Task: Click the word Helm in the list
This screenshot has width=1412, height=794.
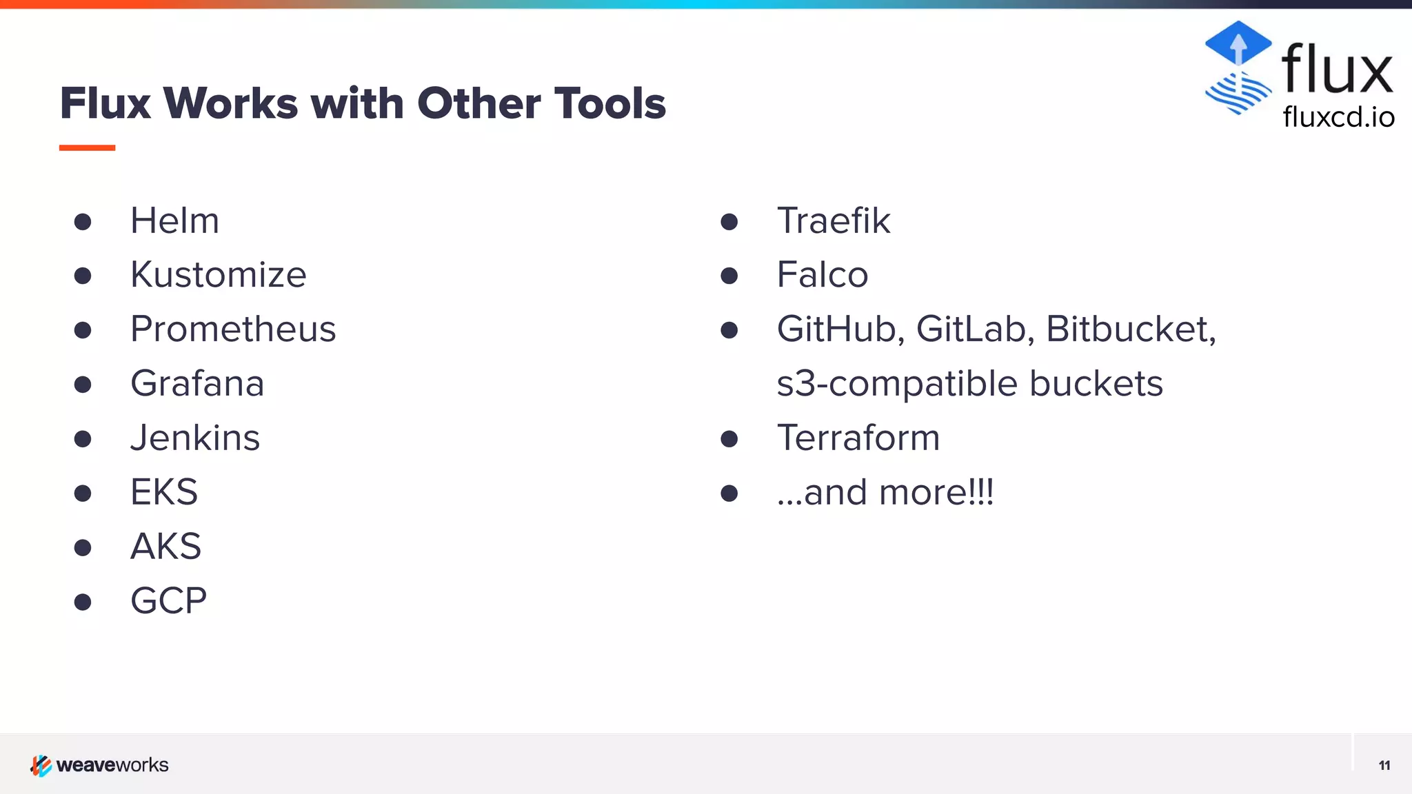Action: pyautogui.click(x=174, y=221)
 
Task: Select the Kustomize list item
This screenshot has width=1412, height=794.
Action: pyautogui.click(x=218, y=275)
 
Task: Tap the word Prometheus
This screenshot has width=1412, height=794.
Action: pyautogui.click(x=233, y=329)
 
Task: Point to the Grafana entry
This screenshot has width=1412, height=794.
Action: pyautogui.click(x=197, y=383)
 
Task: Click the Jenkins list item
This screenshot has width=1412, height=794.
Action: pyautogui.click(x=195, y=438)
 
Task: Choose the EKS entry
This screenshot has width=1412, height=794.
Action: pyautogui.click(x=164, y=492)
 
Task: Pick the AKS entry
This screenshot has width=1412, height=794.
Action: pyautogui.click(x=165, y=547)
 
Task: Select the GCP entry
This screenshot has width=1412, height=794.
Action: pyautogui.click(x=168, y=600)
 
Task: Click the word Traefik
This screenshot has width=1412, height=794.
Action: pyautogui.click(x=834, y=221)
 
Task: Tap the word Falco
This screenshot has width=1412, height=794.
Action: pyautogui.click(x=822, y=275)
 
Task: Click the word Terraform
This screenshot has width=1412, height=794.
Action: pyautogui.click(x=858, y=438)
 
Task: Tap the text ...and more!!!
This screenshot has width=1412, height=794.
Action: pyautogui.click(x=885, y=492)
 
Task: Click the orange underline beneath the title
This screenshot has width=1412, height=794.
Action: pyautogui.click(x=87, y=147)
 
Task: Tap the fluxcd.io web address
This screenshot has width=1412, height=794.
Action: pyautogui.click(x=1338, y=117)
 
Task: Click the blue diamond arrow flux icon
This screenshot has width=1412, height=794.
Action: pyautogui.click(x=1238, y=43)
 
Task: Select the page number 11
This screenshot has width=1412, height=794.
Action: pyautogui.click(x=1384, y=766)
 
